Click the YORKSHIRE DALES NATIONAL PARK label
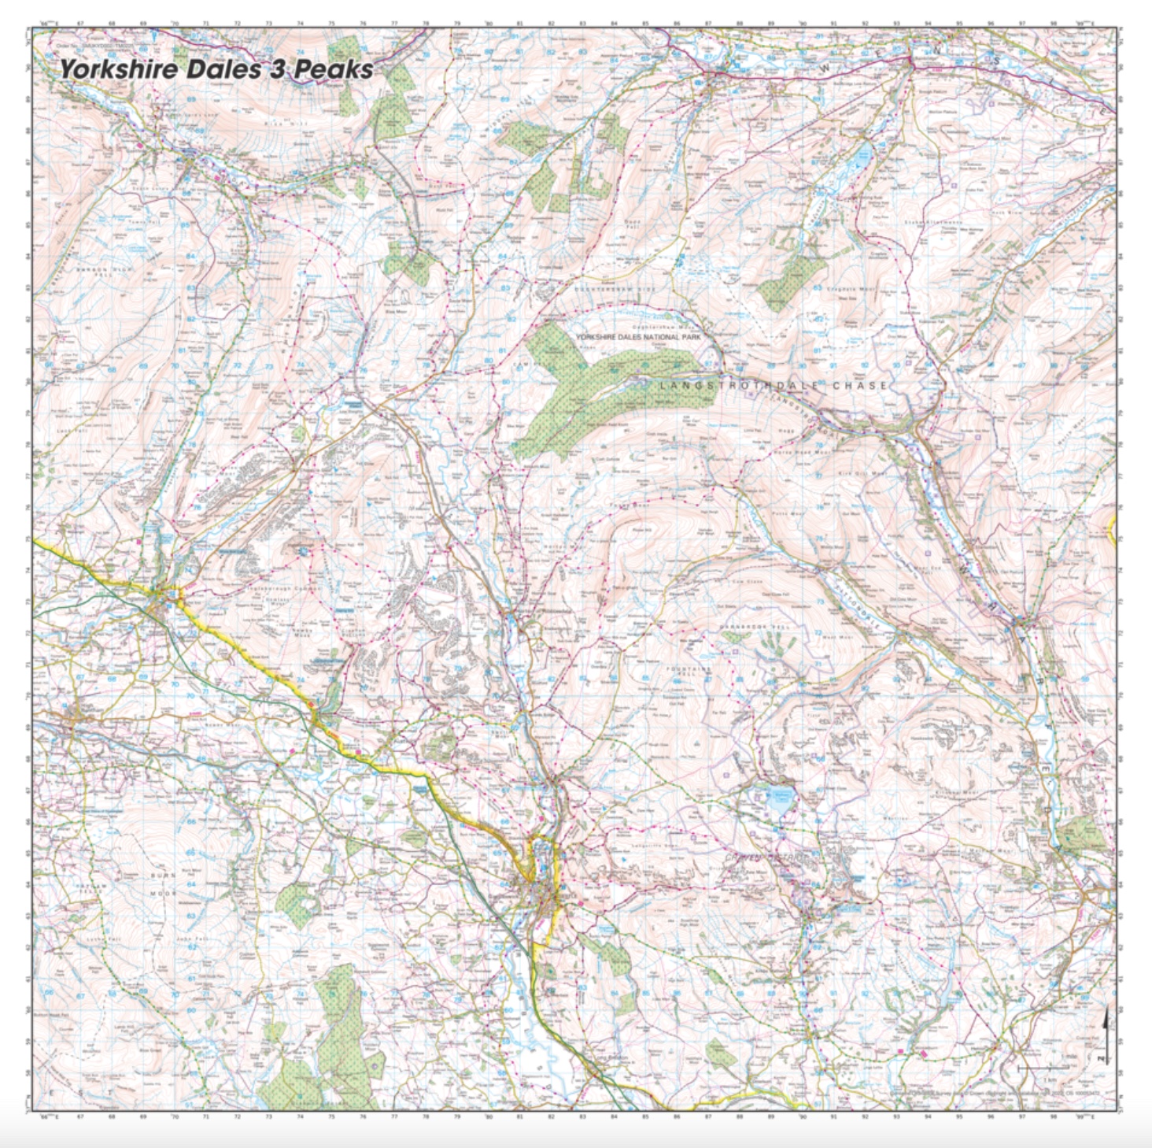[638, 337]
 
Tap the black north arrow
[1107, 1024]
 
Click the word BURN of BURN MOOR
[163, 876]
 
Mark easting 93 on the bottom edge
[897, 1117]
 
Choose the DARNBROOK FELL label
[754, 627]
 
